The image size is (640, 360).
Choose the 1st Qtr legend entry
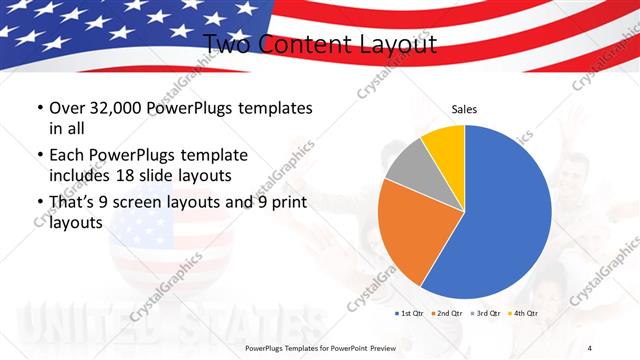click(409, 313)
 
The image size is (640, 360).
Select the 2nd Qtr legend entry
click(445, 313)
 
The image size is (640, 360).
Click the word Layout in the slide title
click(396, 44)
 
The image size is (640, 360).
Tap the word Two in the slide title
click(227, 44)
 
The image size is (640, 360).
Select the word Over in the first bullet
click(65, 108)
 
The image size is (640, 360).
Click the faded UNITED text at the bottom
click(80, 325)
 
